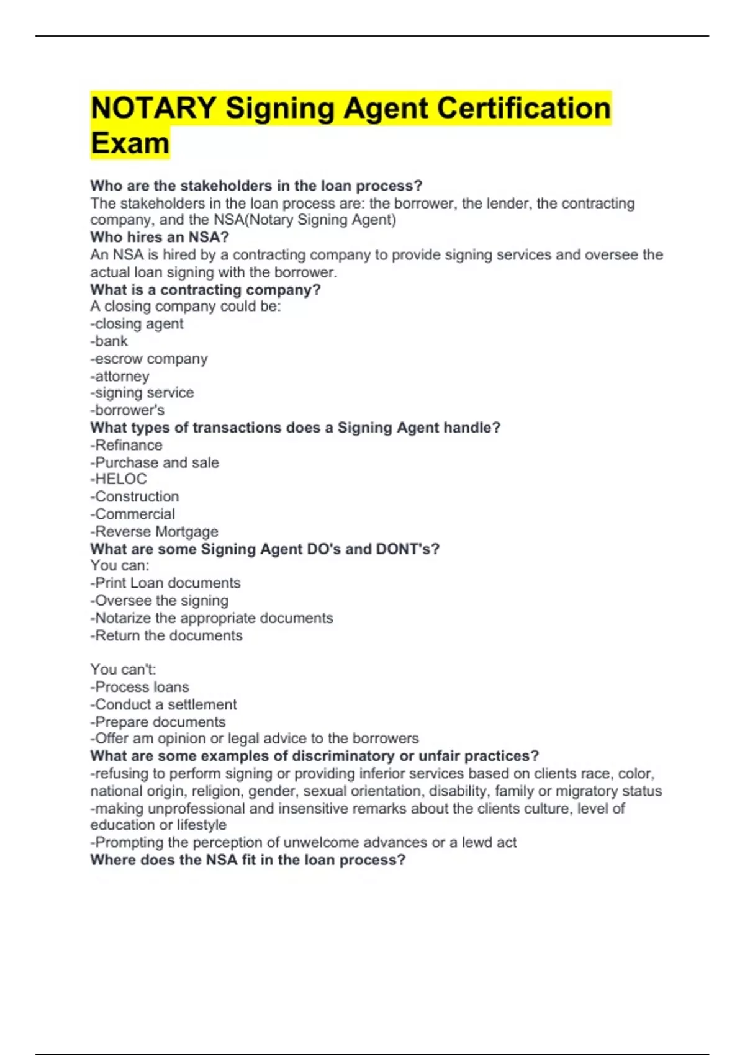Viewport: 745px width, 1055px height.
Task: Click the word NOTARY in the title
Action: tap(153, 109)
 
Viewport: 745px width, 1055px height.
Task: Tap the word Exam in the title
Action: tap(130, 143)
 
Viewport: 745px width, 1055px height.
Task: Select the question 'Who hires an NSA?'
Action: tap(160, 237)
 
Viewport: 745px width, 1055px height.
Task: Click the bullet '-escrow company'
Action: tap(149, 359)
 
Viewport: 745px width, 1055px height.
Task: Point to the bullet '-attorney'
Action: tap(120, 376)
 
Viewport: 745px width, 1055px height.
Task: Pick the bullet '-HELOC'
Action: tap(119, 479)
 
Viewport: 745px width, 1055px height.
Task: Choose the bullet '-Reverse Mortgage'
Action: tap(154, 531)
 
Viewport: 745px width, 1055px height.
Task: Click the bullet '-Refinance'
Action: tap(126, 445)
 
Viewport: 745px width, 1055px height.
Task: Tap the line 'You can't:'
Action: tap(123, 669)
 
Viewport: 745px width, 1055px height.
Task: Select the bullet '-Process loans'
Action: tap(140, 687)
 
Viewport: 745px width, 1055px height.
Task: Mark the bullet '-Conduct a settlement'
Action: tap(163, 704)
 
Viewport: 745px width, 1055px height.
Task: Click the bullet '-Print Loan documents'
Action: tap(165, 583)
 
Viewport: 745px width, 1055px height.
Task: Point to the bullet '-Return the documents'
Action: tap(166, 635)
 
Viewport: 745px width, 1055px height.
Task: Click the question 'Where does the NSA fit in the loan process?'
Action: tap(248, 860)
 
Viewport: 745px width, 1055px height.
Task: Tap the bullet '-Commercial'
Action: tap(132, 514)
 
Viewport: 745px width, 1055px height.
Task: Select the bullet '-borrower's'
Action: tap(127, 410)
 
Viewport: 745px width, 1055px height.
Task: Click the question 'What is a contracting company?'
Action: tap(205, 290)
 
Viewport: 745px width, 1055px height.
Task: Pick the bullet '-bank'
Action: tap(109, 341)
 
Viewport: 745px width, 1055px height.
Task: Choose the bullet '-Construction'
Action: tap(135, 496)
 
